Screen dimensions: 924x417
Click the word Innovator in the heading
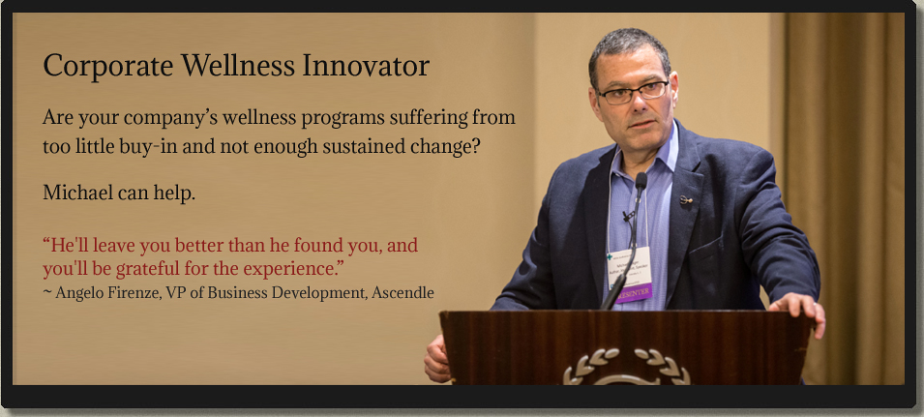tap(366, 66)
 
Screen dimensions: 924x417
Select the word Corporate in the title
tap(107, 67)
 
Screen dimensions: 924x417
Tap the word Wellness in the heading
tap(237, 66)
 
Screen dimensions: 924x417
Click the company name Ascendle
tap(402, 292)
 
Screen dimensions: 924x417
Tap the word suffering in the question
tap(428, 117)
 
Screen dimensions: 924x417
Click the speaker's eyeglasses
tap(633, 93)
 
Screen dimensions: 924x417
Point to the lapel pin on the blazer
tap(685, 199)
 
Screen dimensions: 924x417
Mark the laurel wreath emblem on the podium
tap(626, 367)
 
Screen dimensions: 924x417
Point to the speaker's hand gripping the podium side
tap(436, 359)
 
